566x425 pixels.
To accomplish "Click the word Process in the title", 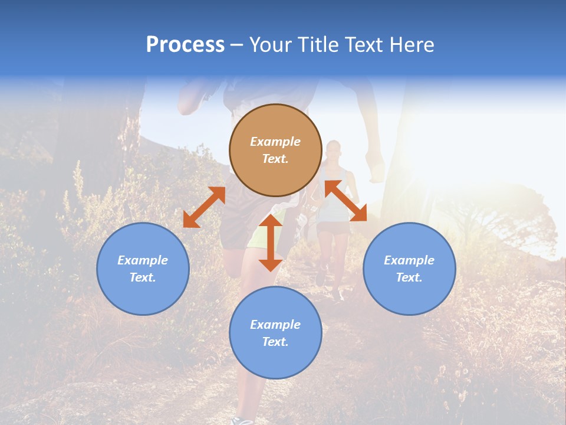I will click(185, 44).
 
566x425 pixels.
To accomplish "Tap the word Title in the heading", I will click(322, 44).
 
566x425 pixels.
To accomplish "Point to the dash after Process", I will click(236, 45).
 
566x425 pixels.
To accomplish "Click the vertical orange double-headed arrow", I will click(271, 243).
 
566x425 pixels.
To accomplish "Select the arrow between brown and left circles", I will click(204, 207).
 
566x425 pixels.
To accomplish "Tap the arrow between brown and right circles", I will click(345, 201).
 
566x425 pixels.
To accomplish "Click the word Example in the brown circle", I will click(275, 142).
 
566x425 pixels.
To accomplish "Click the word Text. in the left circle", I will click(143, 277).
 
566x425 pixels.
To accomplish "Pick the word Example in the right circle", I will click(409, 260).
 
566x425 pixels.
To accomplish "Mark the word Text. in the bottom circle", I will click(275, 342).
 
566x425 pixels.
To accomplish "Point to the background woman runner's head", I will click(334, 149).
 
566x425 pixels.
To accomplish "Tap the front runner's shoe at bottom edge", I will click(242, 420).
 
